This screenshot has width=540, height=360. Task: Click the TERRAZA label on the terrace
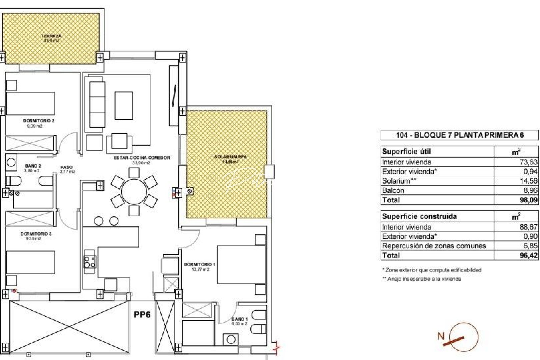(x=51, y=36)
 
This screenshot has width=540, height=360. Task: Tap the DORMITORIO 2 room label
(x=39, y=121)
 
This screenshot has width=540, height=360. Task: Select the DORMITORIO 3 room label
(x=36, y=234)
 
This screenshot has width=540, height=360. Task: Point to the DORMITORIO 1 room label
(x=200, y=264)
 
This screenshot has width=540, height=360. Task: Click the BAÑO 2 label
(x=33, y=166)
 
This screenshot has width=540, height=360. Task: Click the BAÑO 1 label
(x=240, y=319)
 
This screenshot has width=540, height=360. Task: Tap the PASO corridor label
(x=67, y=167)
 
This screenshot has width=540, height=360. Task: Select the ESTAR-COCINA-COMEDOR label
(x=142, y=158)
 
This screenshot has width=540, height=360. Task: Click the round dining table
(x=134, y=192)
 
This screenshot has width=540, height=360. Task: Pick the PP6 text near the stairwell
(x=142, y=315)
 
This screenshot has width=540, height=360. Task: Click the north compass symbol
(x=463, y=337)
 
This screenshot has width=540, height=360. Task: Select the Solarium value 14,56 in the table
(x=528, y=181)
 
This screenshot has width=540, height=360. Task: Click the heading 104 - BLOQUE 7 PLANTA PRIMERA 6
(x=460, y=135)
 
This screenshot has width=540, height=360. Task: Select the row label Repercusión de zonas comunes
(x=434, y=246)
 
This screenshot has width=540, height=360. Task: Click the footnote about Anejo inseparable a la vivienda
(x=422, y=279)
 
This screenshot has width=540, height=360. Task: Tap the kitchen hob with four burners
(x=90, y=262)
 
